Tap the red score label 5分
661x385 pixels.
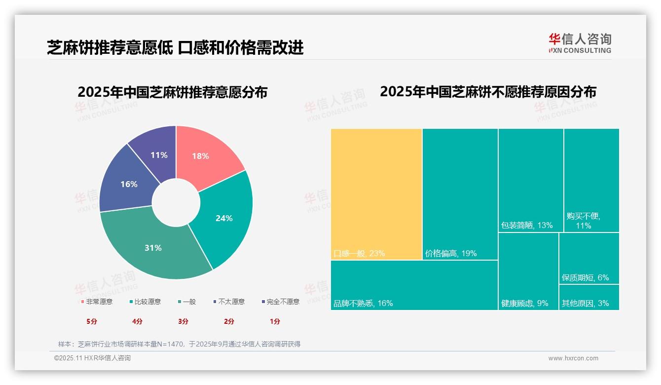point(92,321)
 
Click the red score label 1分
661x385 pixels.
point(275,321)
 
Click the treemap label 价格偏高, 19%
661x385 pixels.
point(450,254)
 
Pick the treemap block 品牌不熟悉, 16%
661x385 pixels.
point(414,285)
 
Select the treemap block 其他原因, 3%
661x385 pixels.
point(589,298)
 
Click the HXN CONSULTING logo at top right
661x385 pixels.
point(580,43)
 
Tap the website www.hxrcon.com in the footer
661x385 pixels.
point(573,358)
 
